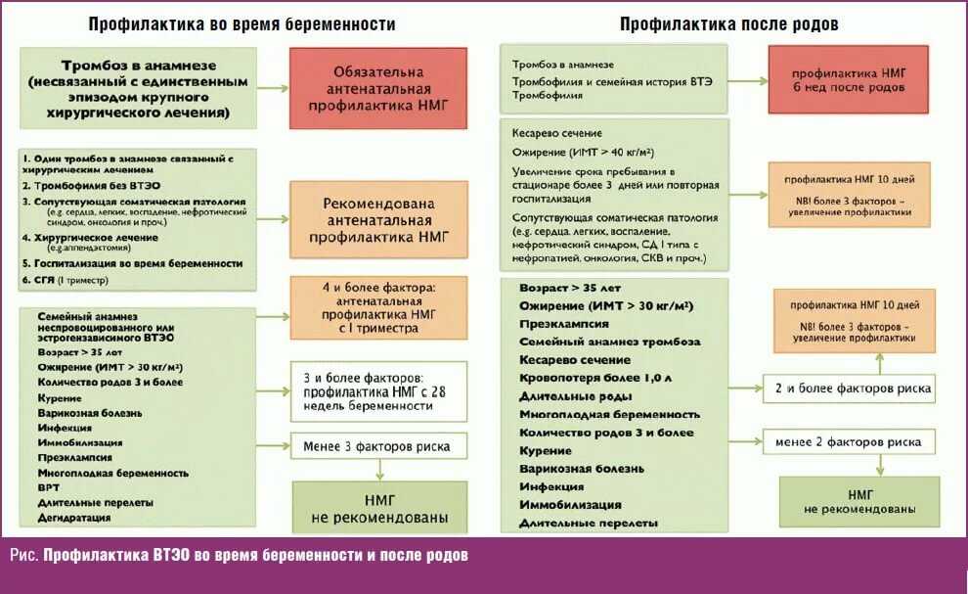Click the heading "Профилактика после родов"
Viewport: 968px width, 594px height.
point(728,24)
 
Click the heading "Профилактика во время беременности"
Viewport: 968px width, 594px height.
point(242,24)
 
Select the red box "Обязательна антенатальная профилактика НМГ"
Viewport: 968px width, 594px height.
point(378,88)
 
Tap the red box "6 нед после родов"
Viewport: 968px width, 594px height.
point(849,79)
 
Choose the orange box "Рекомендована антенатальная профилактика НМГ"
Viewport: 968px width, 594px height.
point(378,219)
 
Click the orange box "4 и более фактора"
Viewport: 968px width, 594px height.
point(378,307)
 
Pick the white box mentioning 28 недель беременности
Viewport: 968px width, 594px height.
point(378,391)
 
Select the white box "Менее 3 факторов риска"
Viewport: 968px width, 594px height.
point(378,446)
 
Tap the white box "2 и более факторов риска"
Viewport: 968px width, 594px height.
point(850,388)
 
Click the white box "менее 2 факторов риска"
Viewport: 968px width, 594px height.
point(850,442)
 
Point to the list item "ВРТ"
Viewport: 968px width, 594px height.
point(48,487)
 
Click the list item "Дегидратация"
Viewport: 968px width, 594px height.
point(74,518)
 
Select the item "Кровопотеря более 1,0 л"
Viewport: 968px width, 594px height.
point(595,378)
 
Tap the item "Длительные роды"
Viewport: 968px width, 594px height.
point(575,396)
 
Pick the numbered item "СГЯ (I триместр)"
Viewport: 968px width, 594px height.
point(65,280)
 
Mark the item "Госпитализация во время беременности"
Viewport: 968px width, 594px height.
point(132,263)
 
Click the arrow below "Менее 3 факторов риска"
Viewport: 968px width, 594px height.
point(379,470)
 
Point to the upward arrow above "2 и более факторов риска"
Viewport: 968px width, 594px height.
point(880,363)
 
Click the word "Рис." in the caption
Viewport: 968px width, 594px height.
point(24,555)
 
